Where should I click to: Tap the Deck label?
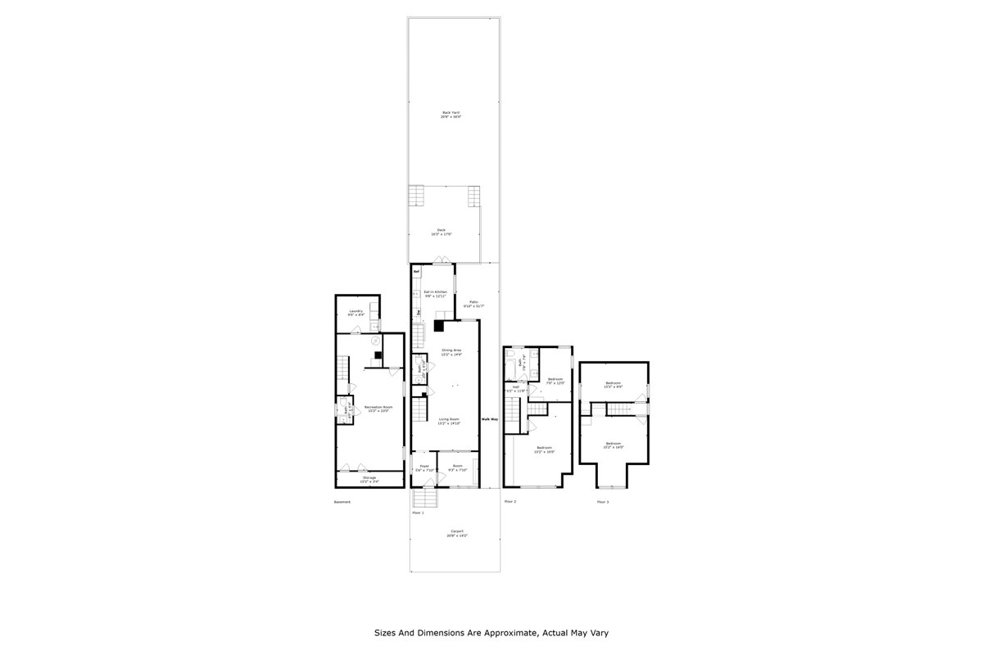442,230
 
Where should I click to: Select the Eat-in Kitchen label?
435,291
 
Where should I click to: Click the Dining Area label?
451,350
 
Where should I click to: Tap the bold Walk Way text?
490,419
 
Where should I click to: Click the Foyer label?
421,468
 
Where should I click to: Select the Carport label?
457,531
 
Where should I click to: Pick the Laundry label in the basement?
356,311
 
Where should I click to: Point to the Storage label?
370,477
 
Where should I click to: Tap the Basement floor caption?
342,502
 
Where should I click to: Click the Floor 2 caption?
510,501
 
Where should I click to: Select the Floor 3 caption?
602,502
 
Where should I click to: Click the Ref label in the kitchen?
416,271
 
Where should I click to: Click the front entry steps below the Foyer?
424,499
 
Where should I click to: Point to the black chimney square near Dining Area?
440,325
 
